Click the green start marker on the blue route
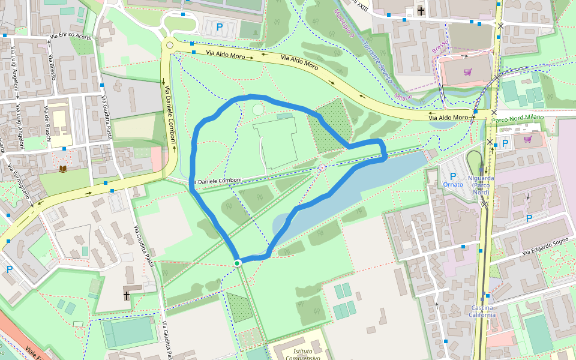point(238,263)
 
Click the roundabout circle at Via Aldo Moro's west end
point(170,45)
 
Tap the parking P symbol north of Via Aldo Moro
point(219,27)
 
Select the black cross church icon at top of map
point(421,11)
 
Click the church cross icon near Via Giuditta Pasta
point(127,296)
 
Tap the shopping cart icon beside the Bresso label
point(467,72)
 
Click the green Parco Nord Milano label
point(517,117)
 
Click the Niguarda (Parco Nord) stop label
point(481,185)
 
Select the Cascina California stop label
point(482,311)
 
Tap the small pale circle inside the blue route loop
point(258,109)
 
